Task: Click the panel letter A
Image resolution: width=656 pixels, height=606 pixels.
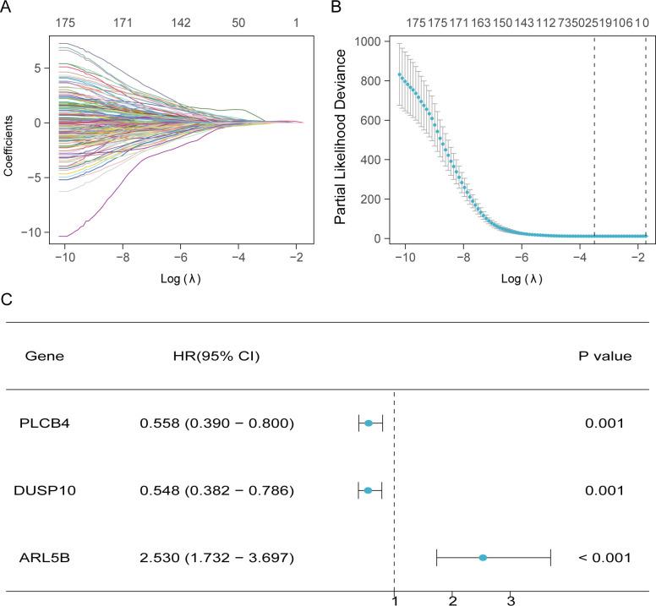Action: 7,8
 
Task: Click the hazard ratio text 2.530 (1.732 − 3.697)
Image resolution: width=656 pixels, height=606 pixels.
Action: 216,558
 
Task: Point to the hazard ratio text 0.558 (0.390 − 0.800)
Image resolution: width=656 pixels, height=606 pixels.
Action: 216,423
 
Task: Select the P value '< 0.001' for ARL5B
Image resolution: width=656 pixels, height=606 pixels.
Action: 604,558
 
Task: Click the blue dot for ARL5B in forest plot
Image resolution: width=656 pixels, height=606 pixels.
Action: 483,558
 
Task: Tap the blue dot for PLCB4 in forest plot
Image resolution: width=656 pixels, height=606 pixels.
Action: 369,423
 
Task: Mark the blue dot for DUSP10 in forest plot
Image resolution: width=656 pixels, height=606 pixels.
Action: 368,490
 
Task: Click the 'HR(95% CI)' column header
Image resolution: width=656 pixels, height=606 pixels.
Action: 216,356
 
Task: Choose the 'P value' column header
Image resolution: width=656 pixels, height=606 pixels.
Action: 604,356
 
